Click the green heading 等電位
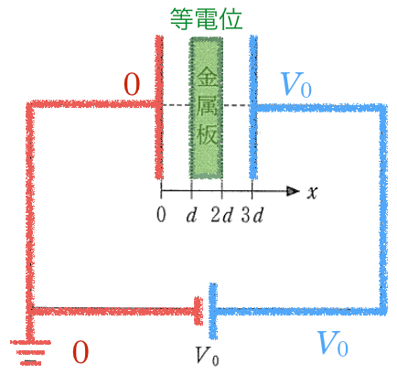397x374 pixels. point(206,19)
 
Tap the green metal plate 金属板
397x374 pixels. point(206,108)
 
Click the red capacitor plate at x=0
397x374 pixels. point(159,107)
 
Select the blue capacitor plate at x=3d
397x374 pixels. point(253,107)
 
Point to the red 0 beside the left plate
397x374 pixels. point(132,84)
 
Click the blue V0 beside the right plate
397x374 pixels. point(295,85)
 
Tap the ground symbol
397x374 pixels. point(30,353)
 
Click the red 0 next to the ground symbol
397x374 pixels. point(80,352)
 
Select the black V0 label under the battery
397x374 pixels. point(207,356)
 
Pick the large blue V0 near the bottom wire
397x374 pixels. point(333,344)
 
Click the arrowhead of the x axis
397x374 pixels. point(294,191)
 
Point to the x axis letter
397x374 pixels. point(312,192)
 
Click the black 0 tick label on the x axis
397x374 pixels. point(161,214)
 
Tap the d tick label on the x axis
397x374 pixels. point(191,214)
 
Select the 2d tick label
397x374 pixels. point(221,214)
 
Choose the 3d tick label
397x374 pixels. point(252,214)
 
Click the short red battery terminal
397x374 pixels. point(198,311)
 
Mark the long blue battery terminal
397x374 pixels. point(213,311)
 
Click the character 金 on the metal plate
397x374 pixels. point(207,77)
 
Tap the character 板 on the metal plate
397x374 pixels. point(207,134)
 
